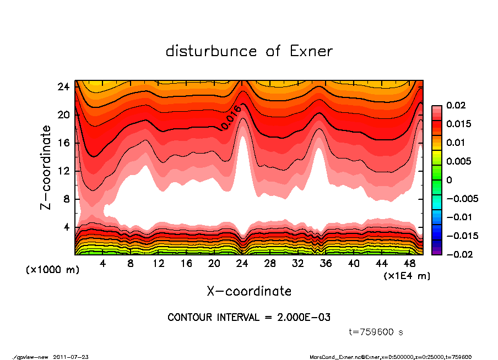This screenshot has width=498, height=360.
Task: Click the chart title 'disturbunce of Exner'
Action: point(249,52)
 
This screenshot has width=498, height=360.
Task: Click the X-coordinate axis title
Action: point(249,291)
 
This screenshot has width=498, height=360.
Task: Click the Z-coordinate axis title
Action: point(46,167)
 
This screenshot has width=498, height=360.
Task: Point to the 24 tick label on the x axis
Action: point(242,264)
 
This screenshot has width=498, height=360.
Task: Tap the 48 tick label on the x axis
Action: point(410,264)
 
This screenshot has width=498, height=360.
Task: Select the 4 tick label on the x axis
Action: point(103,264)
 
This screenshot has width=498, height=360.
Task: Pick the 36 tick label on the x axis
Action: point(326,264)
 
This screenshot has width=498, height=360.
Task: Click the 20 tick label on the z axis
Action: point(64,114)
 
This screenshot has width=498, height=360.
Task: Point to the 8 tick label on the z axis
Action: point(67,199)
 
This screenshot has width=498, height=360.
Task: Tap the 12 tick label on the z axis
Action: point(64,171)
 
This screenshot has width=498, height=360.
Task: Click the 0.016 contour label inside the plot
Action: point(230,118)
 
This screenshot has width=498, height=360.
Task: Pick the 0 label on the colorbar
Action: point(449,180)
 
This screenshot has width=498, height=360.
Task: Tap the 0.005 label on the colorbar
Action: point(457,161)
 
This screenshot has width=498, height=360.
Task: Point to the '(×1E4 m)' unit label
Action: point(407,275)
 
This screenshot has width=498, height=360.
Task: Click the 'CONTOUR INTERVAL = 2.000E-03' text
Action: point(249,317)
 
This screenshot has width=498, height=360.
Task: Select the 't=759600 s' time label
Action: point(377,332)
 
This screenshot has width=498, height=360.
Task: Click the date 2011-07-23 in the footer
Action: point(71,357)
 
